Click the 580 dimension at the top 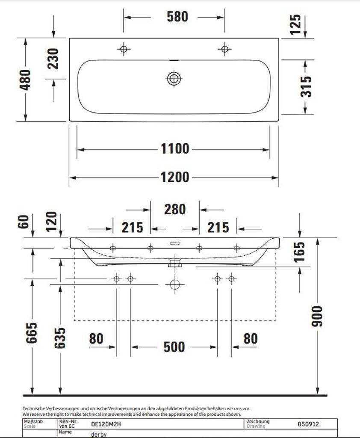click(x=177, y=17)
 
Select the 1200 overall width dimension click(x=175, y=177)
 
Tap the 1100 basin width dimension click(x=175, y=149)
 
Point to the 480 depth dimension click(x=25, y=80)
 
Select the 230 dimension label click(x=53, y=59)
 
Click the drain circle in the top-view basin click(x=174, y=78)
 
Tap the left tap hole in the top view click(x=124, y=49)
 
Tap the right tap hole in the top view click(x=224, y=49)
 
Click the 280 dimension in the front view click(x=175, y=209)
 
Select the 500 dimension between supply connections click(x=174, y=347)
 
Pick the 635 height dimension click(x=60, y=338)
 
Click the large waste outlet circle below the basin click(x=174, y=284)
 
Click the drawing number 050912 click(x=308, y=424)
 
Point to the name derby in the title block click(x=99, y=434)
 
